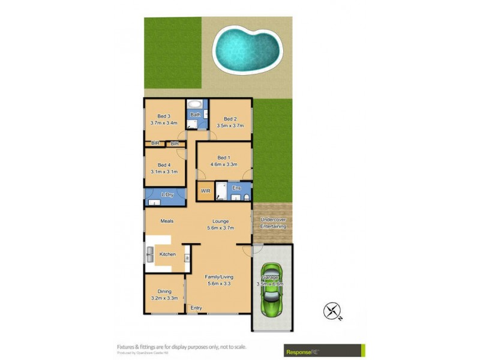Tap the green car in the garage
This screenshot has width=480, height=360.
coord(272,290)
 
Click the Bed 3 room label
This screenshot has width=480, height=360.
coord(164,116)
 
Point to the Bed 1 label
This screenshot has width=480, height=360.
coord(223,157)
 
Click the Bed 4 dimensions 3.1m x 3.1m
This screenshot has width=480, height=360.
coord(164,172)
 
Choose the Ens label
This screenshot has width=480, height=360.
coord(236,188)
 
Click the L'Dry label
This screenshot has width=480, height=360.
coord(167,194)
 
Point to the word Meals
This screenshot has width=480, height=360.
coord(167,221)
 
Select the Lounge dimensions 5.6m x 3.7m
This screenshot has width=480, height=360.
coord(220,228)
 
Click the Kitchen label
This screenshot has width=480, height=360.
coord(167,254)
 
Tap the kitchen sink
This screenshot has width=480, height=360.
coord(150,254)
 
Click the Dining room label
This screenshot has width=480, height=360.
coord(164,292)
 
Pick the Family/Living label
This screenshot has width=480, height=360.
coord(220,277)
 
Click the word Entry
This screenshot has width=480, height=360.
coord(196,308)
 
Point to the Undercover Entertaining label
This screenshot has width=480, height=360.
coord(272,223)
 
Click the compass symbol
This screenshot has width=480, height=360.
coord(332,311)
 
